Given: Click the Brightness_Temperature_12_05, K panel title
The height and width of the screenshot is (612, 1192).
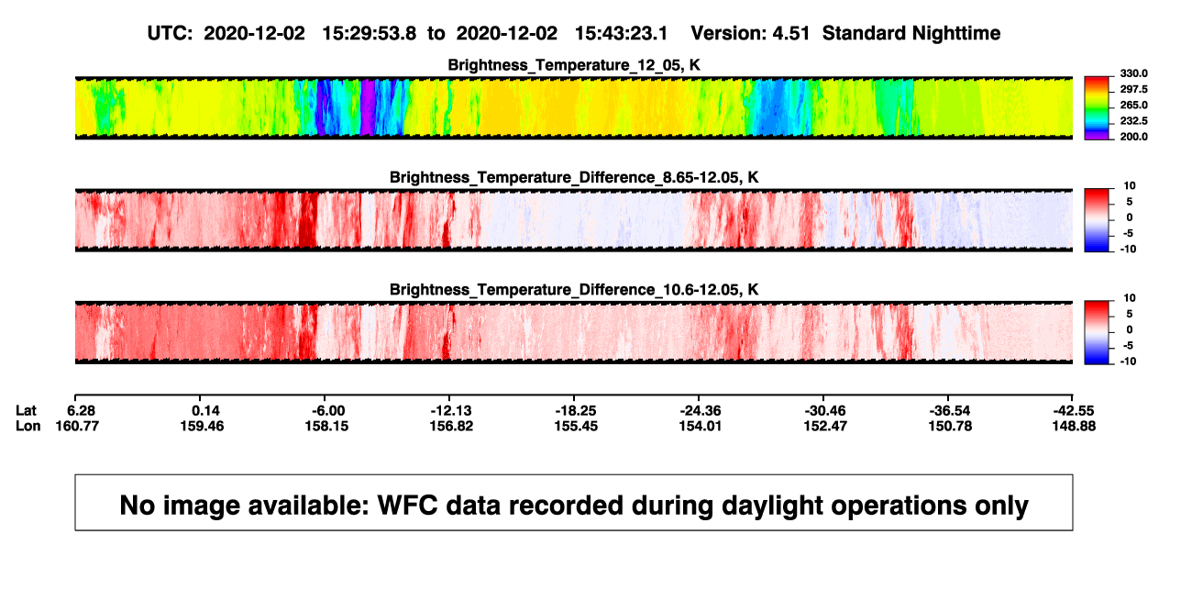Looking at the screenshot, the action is pyautogui.click(x=574, y=65).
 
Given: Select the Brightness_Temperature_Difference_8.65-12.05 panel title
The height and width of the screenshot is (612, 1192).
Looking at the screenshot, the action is pyautogui.click(x=574, y=177).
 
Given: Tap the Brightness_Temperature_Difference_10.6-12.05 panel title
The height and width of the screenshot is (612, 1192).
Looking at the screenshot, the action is pyautogui.click(x=574, y=290).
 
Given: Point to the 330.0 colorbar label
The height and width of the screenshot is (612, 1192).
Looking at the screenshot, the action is pyautogui.click(x=1133, y=73).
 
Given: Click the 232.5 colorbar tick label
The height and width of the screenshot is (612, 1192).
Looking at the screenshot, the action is pyautogui.click(x=1133, y=121).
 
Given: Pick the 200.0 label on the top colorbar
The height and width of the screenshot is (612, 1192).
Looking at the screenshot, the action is pyautogui.click(x=1133, y=137).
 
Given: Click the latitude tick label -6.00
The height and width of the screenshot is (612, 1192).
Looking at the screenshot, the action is pyautogui.click(x=328, y=411).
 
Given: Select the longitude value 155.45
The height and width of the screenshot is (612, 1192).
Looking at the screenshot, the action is pyautogui.click(x=576, y=426).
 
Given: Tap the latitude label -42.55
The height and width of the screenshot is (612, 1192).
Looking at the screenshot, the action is pyautogui.click(x=1073, y=411).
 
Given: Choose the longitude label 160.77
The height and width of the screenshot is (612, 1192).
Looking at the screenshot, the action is pyautogui.click(x=77, y=426).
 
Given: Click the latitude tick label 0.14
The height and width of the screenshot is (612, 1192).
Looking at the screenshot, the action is pyautogui.click(x=205, y=411).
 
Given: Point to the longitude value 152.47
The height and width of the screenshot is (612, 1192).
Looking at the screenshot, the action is pyautogui.click(x=825, y=426).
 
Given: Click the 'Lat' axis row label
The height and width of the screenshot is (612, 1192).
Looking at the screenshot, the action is pyautogui.click(x=26, y=411).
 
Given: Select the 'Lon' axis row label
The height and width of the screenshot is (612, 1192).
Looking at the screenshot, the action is pyautogui.click(x=28, y=426).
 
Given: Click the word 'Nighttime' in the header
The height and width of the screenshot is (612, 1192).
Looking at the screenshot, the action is pyautogui.click(x=955, y=34).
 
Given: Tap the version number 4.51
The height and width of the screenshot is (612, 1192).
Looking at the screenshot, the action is pyautogui.click(x=790, y=33).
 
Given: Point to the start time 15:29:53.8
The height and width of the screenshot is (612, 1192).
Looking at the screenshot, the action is pyautogui.click(x=370, y=33).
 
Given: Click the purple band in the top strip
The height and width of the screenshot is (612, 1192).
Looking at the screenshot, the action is pyautogui.click(x=368, y=107).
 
